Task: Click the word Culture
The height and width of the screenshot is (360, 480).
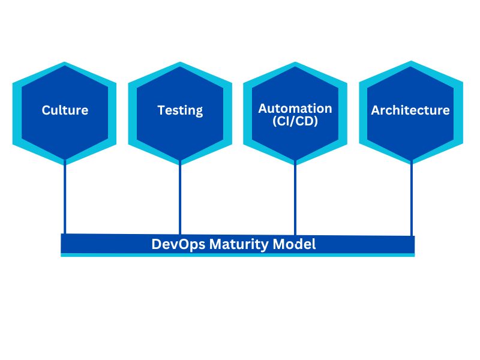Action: [65, 110]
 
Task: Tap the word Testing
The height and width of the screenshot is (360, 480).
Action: [180, 110]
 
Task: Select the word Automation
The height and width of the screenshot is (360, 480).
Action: [295, 109]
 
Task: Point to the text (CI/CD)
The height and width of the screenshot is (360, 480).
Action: [295, 122]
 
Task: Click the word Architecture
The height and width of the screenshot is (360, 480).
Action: [410, 110]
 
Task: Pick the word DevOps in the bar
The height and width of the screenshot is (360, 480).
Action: [178, 244]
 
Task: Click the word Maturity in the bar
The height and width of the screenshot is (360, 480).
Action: [241, 244]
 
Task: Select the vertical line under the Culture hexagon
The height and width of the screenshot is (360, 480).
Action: [65, 198]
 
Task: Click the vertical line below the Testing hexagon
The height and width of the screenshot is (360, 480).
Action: [180, 198]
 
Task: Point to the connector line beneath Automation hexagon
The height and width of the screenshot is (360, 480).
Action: [295, 198]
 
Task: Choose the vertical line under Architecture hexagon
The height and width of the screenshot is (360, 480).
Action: [411, 198]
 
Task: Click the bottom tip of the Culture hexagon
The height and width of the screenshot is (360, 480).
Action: [65, 164]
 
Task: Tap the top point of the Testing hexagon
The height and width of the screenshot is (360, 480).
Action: [180, 62]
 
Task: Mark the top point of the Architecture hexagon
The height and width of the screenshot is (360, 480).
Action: [411, 62]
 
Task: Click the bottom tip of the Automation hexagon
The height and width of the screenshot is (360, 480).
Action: [295, 164]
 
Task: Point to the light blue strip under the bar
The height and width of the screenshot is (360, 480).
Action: [238, 255]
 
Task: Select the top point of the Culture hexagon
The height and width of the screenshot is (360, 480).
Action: [65, 62]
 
